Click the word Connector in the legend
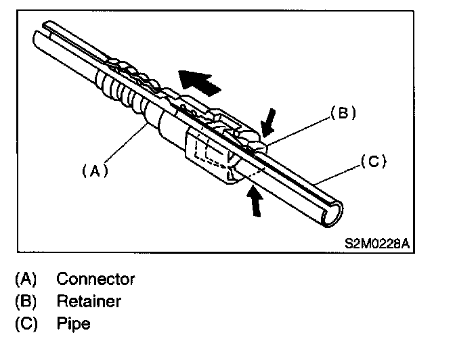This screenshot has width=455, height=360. pyautogui.click(x=95, y=279)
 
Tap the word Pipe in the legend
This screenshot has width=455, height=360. pyautogui.click(x=73, y=323)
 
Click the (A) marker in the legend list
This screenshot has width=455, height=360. pyautogui.click(x=24, y=279)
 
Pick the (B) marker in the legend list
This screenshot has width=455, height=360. pyautogui.click(x=24, y=301)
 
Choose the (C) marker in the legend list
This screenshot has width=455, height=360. pyautogui.click(x=24, y=323)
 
